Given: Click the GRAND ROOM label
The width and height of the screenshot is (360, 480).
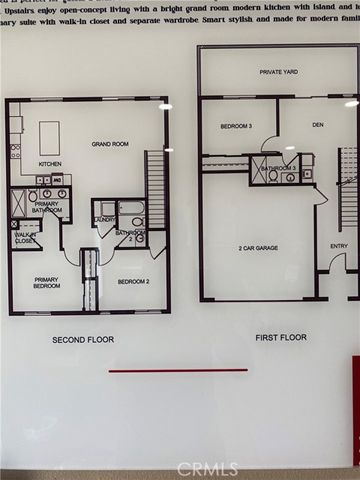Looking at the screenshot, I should tap(110, 143).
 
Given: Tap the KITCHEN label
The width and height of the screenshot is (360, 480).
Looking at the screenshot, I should tap(51, 164).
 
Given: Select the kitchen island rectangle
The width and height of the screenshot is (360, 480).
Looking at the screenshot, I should tap(49, 137).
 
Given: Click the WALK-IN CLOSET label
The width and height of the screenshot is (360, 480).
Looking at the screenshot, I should tap(26, 238).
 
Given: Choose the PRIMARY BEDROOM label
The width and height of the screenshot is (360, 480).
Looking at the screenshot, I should tap(47, 283).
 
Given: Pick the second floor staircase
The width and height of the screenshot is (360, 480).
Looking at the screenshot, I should tap(155, 187).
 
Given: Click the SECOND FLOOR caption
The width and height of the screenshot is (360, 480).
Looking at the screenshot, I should tap(83, 340).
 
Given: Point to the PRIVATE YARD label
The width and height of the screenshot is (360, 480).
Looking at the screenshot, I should tap(278, 72).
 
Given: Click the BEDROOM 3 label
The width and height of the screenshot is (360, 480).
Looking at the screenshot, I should tap(235, 126).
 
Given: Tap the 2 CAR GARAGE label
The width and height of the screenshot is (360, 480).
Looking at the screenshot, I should tap(257, 247).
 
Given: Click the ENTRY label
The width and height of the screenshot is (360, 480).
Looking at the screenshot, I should tap(339, 246).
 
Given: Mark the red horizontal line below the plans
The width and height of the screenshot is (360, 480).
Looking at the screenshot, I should tap(177, 370).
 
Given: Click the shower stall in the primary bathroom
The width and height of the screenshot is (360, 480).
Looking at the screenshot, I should tap(19, 203).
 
